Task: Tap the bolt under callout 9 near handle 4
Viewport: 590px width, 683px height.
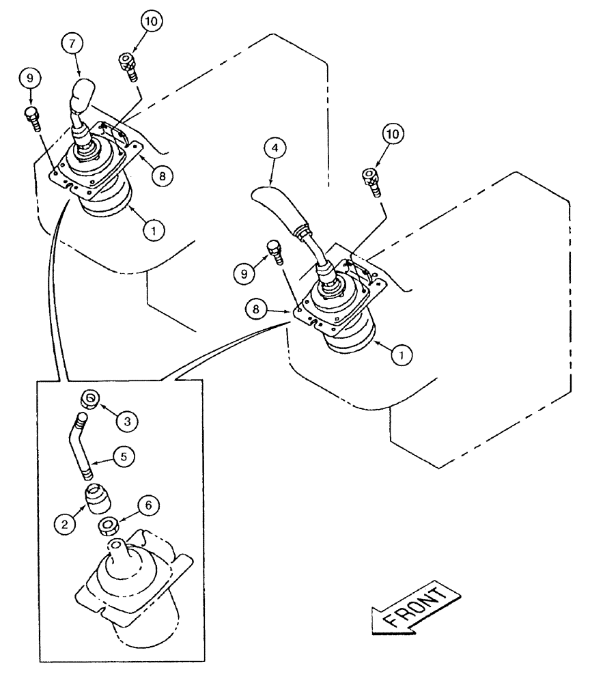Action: click(275, 251)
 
